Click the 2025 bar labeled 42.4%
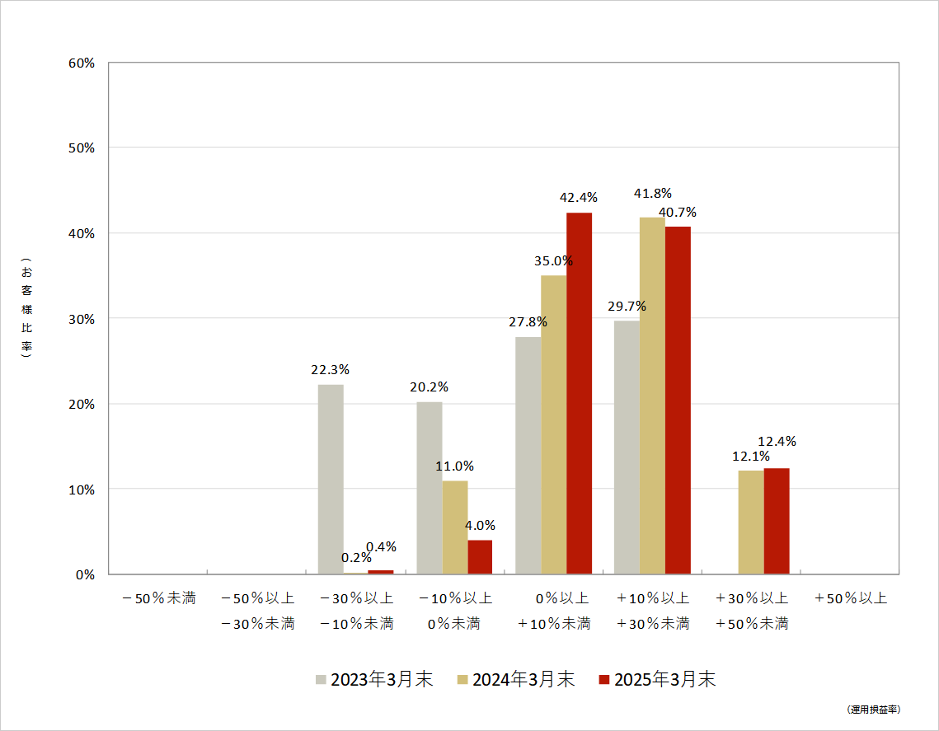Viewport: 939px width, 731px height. (579, 393)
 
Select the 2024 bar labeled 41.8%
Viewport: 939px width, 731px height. (652, 396)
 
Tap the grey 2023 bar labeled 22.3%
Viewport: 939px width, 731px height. (331, 479)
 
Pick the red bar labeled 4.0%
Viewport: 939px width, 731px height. (480, 557)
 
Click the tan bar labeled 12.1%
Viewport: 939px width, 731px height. (751, 522)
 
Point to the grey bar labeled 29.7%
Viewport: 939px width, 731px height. (627, 447)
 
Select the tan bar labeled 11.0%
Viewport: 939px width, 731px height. (455, 527)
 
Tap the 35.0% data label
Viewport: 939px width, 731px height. (553, 260)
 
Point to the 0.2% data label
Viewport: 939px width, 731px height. (357, 558)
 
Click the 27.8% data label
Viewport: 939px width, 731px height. (528, 322)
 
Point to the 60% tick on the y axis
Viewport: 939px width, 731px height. (82, 63)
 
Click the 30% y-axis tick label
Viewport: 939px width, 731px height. (82, 319)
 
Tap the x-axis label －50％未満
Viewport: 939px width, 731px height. (158, 598)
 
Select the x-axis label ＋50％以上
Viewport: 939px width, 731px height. (850, 598)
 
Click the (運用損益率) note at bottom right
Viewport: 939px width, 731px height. (873, 710)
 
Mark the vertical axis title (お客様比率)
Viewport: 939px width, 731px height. (26, 311)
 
